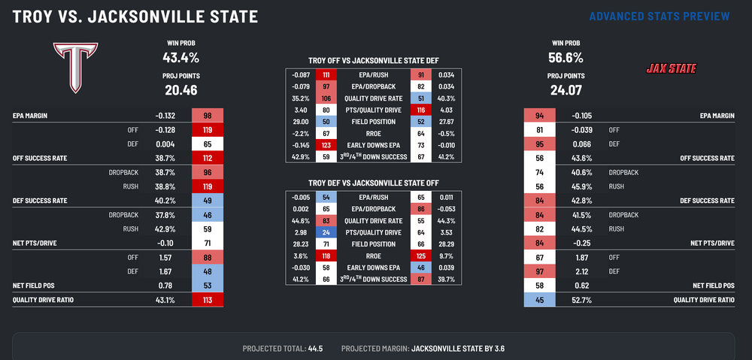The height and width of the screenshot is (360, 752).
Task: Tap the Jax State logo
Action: [672, 69]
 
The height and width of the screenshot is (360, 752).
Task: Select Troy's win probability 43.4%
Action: [180, 57]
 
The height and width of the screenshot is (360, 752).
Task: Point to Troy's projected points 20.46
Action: [180, 90]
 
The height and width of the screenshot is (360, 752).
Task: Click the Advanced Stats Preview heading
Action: [659, 16]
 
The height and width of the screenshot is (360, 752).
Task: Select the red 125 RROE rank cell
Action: [420, 255]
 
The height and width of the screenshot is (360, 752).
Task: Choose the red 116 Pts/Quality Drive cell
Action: [420, 109]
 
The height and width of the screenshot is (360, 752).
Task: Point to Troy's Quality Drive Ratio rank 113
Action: [208, 300]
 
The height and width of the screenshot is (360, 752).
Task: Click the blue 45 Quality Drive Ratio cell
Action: [539, 300]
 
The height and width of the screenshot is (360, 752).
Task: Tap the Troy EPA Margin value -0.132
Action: [165, 116]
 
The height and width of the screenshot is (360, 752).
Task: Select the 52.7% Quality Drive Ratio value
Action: [577, 300]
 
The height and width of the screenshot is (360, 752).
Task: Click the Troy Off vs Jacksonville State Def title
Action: [374, 60]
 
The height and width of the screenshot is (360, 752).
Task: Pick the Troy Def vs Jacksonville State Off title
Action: [374, 183]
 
